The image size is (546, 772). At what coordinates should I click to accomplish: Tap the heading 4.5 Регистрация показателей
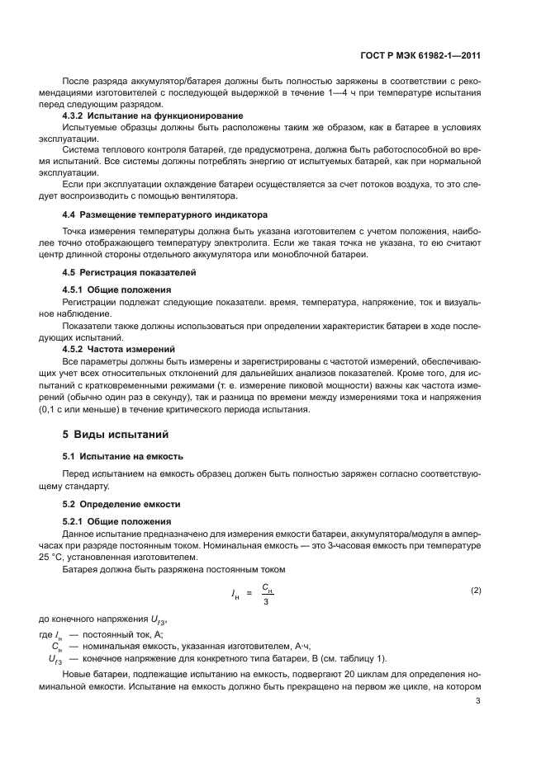point(118,271)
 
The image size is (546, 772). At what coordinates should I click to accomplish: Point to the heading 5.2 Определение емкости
point(116,503)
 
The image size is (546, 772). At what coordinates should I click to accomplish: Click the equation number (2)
point(476,591)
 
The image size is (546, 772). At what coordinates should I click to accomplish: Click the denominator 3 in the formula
point(267,602)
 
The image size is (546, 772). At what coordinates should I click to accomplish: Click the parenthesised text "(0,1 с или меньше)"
point(102,410)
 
